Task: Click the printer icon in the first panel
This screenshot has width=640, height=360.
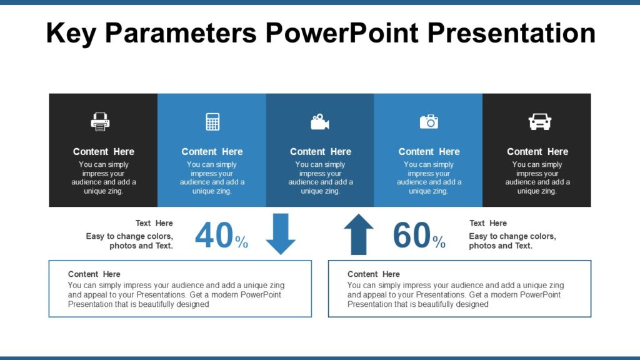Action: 100,121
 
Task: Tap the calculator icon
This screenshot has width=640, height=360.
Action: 212,121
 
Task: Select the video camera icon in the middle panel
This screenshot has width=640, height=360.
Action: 320,121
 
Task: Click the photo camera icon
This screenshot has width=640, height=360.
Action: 429,121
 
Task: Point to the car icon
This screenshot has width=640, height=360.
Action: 539,121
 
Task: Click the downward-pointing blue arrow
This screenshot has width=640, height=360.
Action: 281,234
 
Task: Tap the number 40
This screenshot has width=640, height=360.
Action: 214,236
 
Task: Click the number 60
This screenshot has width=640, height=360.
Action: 411,236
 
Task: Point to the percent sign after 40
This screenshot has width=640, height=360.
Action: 242,242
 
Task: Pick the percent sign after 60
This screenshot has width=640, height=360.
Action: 439,242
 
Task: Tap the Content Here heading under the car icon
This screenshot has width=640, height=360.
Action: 537,152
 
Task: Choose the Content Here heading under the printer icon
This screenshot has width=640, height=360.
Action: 104,152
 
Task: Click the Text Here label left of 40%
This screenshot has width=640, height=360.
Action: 154,223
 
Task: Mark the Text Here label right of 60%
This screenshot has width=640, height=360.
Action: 488,223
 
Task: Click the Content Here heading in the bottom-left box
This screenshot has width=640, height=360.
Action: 94,274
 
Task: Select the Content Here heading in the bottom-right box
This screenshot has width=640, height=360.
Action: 374,274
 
